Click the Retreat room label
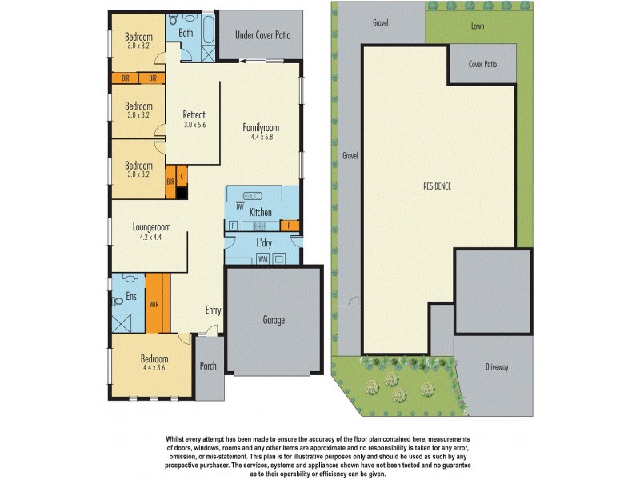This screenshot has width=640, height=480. point(195,114)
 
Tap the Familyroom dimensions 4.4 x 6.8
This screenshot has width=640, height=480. point(262,137)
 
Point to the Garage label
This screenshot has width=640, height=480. point(274,320)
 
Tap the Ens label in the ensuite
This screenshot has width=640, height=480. point(132,297)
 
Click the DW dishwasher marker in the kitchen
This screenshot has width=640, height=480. point(239,206)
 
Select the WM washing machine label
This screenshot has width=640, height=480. point(262,258)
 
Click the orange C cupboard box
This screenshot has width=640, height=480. point(182,176)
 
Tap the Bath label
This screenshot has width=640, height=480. point(186,33)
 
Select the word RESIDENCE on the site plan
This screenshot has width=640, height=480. point(437,186)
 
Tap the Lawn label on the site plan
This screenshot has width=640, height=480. point(478,26)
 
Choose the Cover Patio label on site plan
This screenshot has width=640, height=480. point(482,63)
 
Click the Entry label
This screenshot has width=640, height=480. point(213,310)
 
